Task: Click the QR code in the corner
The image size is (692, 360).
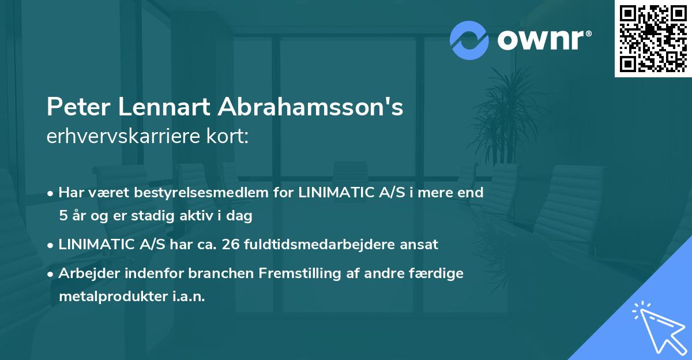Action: pyautogui.click(x=653, y=39)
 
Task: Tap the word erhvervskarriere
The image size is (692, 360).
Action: pyautogui.click(x=133, y=137)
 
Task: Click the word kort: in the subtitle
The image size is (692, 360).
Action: pyautogui.click(x=230, y=137)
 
